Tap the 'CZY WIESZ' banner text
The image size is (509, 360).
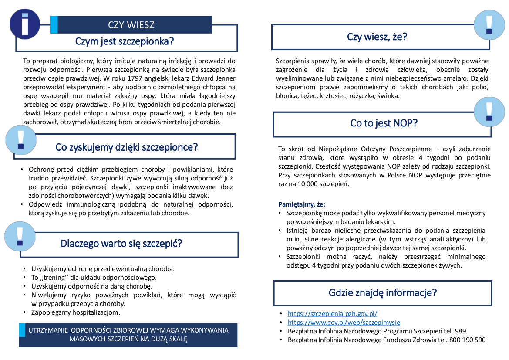pos(131,25)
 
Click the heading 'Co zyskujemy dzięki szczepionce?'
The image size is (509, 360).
pos(126,147)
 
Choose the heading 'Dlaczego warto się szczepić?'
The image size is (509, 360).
pos(121,243)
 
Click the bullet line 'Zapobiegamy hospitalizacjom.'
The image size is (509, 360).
pos(75,312)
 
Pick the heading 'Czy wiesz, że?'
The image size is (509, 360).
pos(377,37)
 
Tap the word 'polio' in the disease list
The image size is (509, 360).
pos(480,87)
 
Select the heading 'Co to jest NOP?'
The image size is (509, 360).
pos(384,123)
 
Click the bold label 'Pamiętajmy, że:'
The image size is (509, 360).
pos(302,204)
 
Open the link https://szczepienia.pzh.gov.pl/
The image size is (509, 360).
pos(332,313)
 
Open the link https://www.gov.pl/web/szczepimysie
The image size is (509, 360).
pos(344,323)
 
